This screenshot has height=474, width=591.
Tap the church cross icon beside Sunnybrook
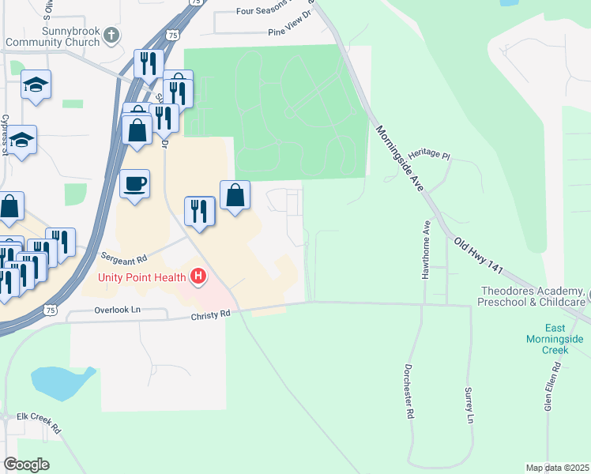(112, 36)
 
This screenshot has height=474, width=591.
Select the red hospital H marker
(198, 276)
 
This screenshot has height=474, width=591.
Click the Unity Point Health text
(142, 276)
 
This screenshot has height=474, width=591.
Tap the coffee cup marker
(134, 184)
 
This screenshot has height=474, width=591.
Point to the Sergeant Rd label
(125, 258)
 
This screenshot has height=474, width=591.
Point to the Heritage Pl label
(429, 157)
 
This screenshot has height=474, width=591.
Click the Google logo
(27, 465)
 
